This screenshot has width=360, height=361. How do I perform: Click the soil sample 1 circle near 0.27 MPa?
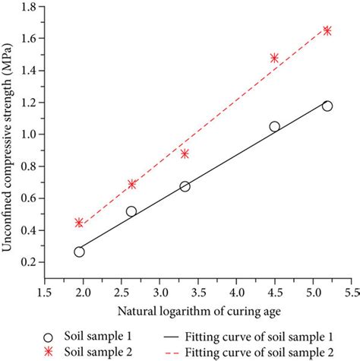79,252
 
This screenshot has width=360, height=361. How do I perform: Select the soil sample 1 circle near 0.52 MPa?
131,211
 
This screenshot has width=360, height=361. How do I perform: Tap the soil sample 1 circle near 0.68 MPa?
185,186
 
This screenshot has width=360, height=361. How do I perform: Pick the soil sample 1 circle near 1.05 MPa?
274,126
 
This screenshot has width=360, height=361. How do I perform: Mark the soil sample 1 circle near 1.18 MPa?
327,106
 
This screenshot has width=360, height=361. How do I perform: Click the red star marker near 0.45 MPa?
79,223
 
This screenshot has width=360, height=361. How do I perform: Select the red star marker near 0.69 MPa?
131,184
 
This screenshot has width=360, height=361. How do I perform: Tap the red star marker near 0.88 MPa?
185,154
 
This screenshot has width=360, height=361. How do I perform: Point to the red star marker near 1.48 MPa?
274,58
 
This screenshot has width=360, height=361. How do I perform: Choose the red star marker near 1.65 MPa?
327,30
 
